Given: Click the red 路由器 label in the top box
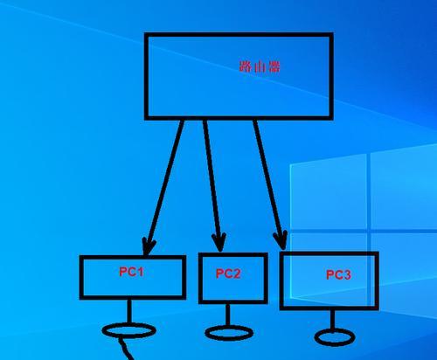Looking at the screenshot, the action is tap(260, 66).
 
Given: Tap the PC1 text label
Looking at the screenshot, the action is tap(131, 272).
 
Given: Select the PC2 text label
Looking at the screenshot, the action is tap(228, 273).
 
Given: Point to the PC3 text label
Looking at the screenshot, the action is tap(338, 274).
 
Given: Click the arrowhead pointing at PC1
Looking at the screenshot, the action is tap(149, 246).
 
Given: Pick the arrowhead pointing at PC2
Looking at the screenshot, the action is tap(219, 242).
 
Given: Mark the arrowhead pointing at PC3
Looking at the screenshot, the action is tap(281, 240).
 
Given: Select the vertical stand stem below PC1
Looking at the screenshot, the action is tap(129, 311).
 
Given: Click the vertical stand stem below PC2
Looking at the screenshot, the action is tap(228, 315).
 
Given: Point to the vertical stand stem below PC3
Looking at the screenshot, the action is tap(332, 320).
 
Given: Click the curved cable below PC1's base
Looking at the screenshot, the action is tap(125, 349).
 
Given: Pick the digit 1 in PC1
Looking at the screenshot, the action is tap(140, 272).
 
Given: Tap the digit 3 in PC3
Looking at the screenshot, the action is tap(347, 274).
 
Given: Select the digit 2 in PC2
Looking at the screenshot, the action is tap(237, 273).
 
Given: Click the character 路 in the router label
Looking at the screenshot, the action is tap(246, 66).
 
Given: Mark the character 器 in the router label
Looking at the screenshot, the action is tap(274, 66).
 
